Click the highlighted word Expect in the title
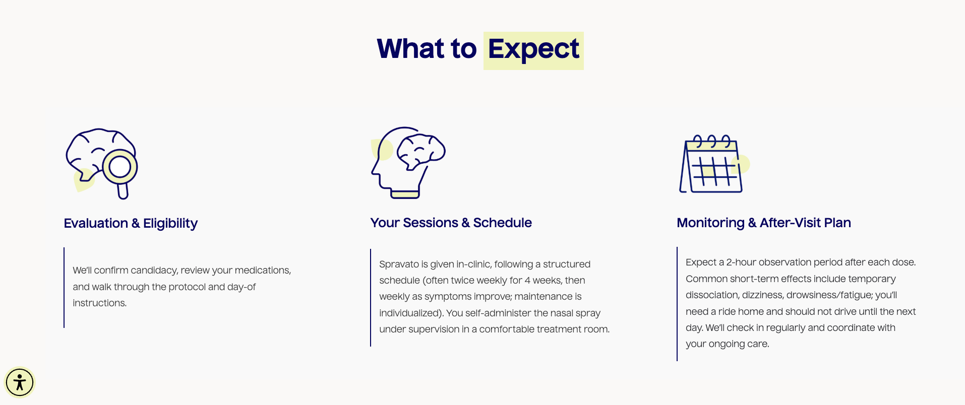(533, 50)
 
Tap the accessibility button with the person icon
(20, 382)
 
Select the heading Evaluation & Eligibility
(131, 223)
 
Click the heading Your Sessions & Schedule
(451, 223)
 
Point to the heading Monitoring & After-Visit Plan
(763, 223)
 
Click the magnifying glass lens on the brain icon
(120, 166)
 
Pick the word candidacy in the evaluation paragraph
(154, 271)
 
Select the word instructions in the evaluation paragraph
(100, 303)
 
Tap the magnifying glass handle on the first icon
(123, 191)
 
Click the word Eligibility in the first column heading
(170, 223)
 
